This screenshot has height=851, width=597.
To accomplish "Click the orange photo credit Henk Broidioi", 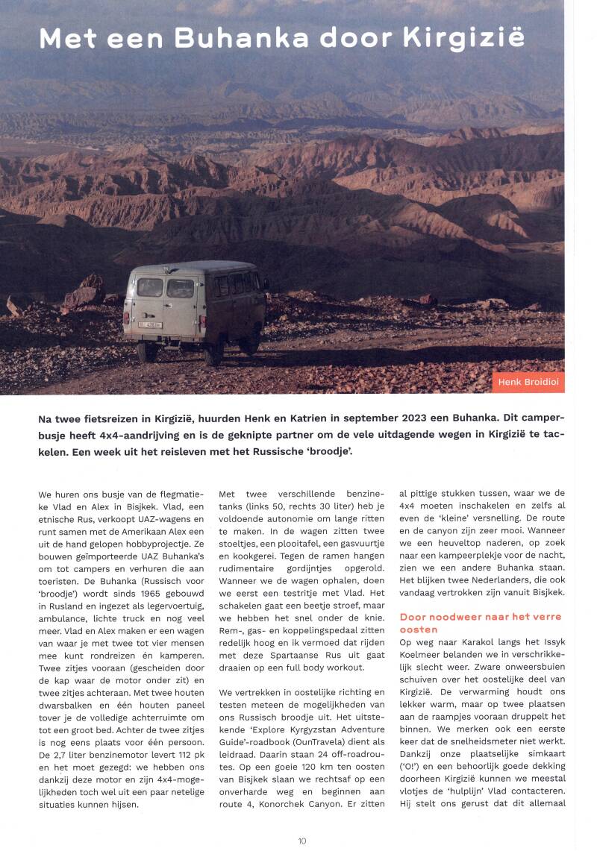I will (528, 383).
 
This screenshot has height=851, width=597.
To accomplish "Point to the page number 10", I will (301, 841).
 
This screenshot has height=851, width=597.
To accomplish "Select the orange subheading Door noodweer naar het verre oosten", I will (481, 623).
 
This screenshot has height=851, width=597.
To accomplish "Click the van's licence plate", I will (151, 324).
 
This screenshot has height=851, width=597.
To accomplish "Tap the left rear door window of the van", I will (149, 287).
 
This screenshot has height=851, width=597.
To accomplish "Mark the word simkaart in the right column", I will (545, 764).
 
